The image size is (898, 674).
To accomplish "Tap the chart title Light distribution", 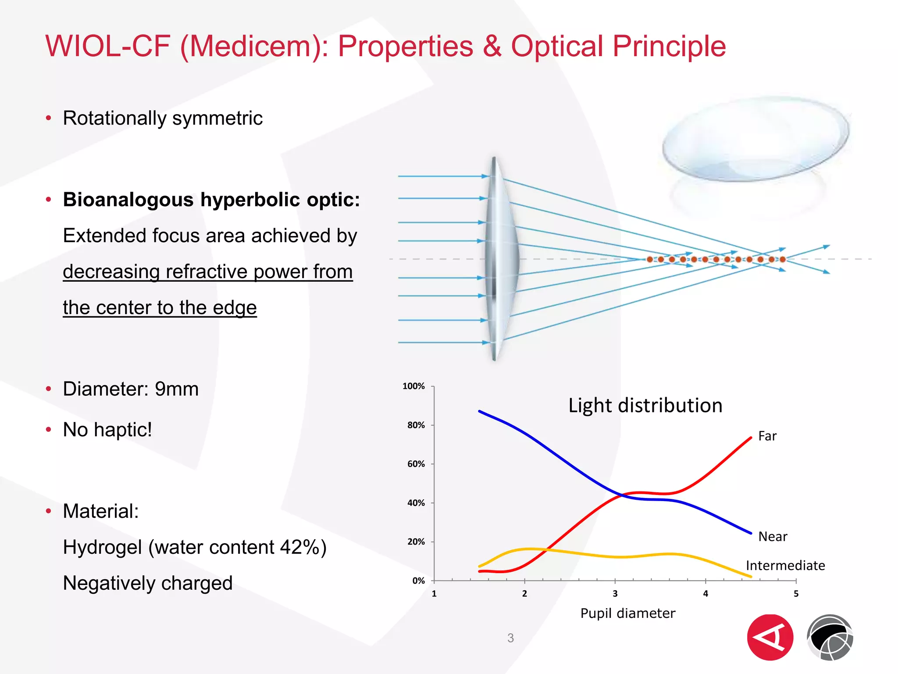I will pos(645,405).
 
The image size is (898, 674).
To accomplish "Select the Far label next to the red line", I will pos(767,436).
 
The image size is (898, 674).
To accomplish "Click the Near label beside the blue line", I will pos(773,537).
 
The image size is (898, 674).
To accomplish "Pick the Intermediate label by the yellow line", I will pos(785,566).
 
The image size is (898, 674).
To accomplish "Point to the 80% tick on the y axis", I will pos(416,425).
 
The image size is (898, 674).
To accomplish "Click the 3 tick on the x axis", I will pos(615,594).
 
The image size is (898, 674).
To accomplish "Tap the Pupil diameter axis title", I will pos(627,613).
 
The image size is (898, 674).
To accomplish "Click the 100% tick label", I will pos(413,386).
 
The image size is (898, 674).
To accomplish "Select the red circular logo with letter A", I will pos(770,638).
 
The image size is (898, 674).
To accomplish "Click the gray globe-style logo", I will pos(830,638).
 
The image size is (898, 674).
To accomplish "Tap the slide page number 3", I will pos(510,638).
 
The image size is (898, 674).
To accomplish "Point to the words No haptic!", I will pos(107,430).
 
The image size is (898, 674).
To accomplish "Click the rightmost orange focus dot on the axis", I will pos(782,259).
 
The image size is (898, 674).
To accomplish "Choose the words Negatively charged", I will pos(147,583).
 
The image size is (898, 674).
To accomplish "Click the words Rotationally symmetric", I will pos(163,118).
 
